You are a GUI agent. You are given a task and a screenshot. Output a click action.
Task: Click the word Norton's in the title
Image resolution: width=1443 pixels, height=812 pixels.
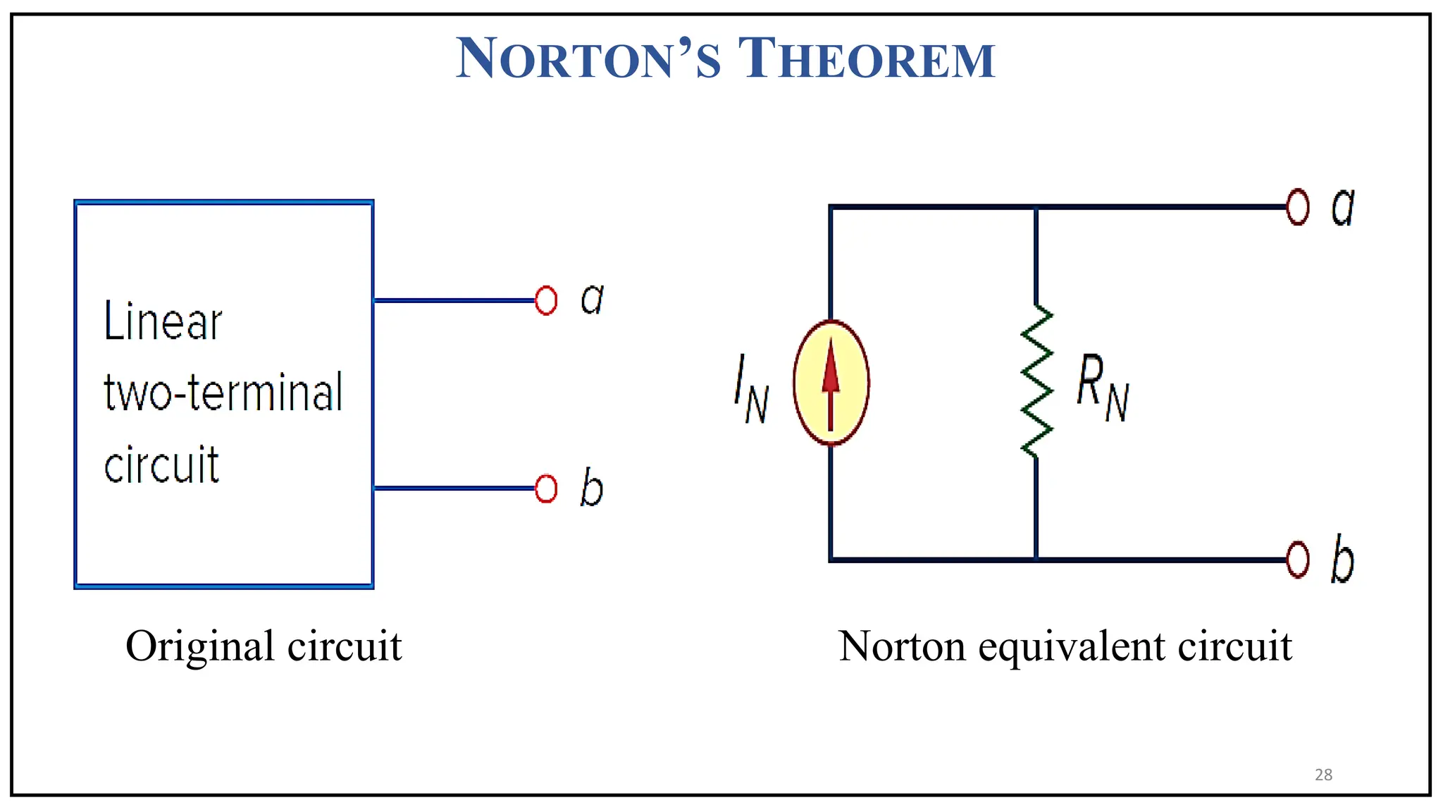(x=589, y=59)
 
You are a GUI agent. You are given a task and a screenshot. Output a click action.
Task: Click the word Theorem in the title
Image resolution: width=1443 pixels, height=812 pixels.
(x=866, y=59)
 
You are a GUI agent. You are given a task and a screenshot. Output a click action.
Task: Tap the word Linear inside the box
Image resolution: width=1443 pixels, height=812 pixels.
(x=163, y=321)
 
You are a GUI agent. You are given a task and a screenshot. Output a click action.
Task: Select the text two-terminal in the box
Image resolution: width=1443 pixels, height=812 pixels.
(x=223, y=393)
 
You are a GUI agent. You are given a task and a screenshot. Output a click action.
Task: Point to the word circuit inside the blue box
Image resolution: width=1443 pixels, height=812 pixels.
(x=161, y=465)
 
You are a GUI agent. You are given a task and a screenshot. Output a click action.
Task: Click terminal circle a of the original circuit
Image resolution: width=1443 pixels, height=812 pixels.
(x=546, y=300)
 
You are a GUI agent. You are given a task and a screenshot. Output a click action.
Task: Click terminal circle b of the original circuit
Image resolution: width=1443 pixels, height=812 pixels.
(x=546, y=488)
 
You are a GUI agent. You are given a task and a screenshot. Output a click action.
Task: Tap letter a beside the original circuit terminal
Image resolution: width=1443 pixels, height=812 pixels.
(x=593, y=299)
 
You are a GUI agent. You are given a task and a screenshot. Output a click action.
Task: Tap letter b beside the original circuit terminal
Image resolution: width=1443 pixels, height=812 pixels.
(x=592, y=487)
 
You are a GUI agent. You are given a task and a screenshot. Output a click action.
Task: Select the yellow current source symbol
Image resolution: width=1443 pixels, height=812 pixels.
(x=831, y=383)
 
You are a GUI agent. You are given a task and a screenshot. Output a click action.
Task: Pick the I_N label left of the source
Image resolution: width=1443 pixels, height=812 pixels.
(x=751, y=389)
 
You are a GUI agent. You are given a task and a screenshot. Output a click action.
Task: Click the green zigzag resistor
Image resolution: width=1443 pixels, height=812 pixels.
(x=1036, y=382)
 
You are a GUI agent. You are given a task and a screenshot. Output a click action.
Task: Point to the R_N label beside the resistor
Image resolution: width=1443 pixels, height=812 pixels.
(x=1102, y=388)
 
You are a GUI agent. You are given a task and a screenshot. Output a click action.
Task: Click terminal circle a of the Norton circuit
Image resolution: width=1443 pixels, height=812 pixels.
(x=1297, y=207)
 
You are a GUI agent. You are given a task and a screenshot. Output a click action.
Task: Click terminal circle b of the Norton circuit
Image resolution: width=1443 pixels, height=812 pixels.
(x=1297, y=560)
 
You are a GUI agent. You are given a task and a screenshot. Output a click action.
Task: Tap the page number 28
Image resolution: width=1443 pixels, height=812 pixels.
(x=1323, y=775)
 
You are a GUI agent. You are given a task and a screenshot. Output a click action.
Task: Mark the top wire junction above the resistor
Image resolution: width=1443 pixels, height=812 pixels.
(x=1036, y=207)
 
